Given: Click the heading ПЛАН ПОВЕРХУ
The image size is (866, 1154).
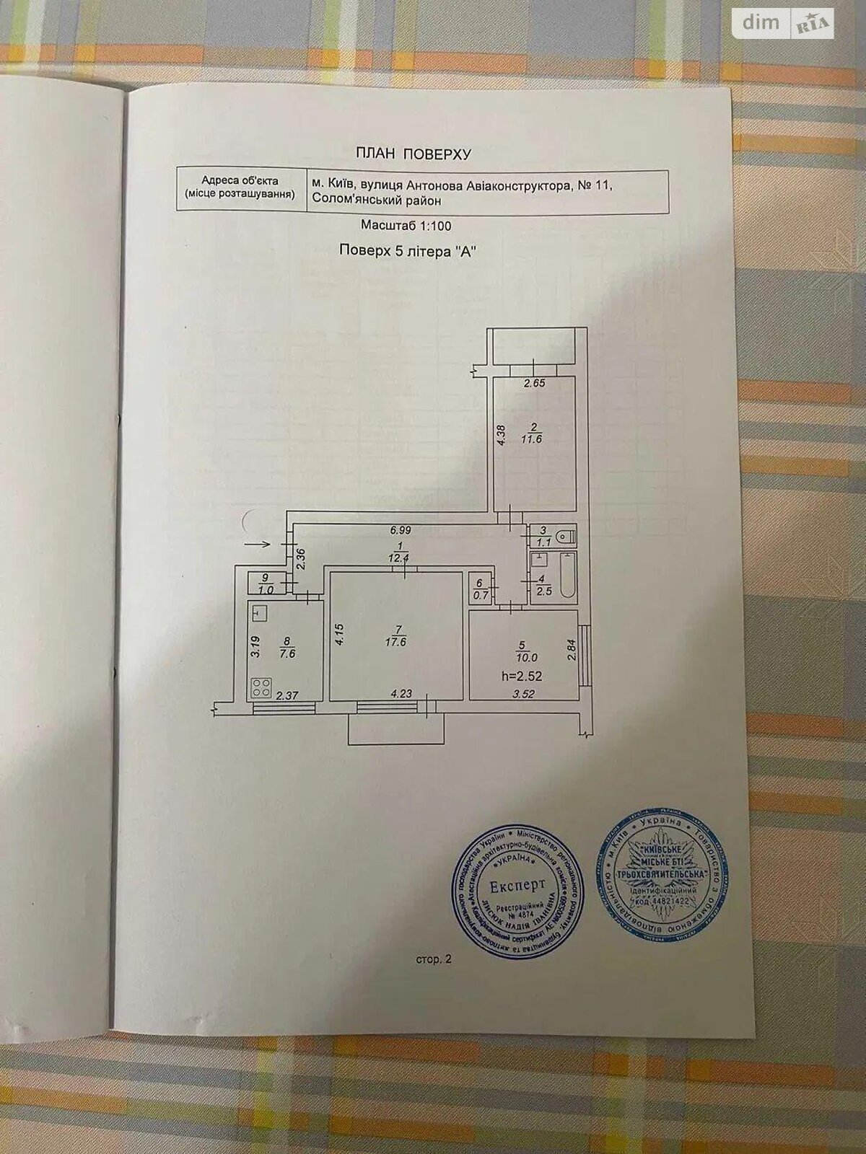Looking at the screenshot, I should click(x=414, y=154).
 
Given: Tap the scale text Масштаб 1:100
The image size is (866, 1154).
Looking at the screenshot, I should click(x=406, y=226).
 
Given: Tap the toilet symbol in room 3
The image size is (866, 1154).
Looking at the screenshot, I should click(x=567, y=537).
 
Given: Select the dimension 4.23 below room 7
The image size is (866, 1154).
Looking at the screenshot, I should click(x=401, y=695).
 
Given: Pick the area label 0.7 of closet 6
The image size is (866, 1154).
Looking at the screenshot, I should click(x=480, y=596).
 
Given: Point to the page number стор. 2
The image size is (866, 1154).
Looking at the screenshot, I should click(x=433, y=960).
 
